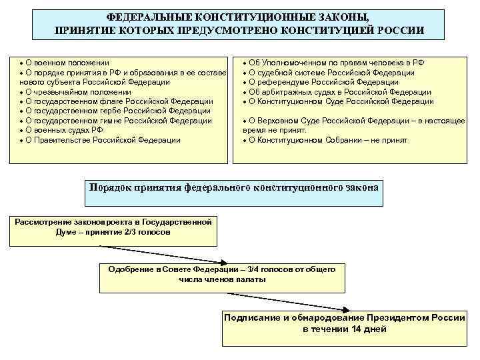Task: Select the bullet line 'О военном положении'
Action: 67,63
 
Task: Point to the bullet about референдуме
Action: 323,82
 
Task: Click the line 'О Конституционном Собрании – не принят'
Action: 327,140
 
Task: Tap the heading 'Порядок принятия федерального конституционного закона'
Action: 234,187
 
